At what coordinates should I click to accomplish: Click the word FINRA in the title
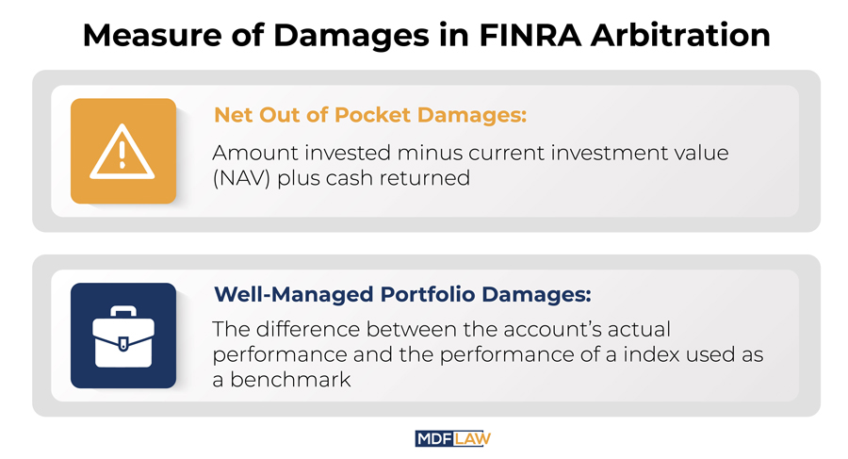point(530,35)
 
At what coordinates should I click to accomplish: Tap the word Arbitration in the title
point(680,35)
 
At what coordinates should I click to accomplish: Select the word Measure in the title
point(152,36)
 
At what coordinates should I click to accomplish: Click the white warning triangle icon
point(122,152)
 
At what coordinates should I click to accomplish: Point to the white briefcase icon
point(123,336)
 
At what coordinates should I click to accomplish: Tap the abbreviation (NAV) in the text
point(241,178)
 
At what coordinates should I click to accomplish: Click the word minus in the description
point(430,153)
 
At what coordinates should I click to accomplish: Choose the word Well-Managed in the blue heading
point(294,294)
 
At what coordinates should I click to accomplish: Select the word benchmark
point(290,380)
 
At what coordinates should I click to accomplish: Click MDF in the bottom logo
point(433,439)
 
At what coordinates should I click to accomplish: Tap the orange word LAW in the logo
point(472,439)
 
